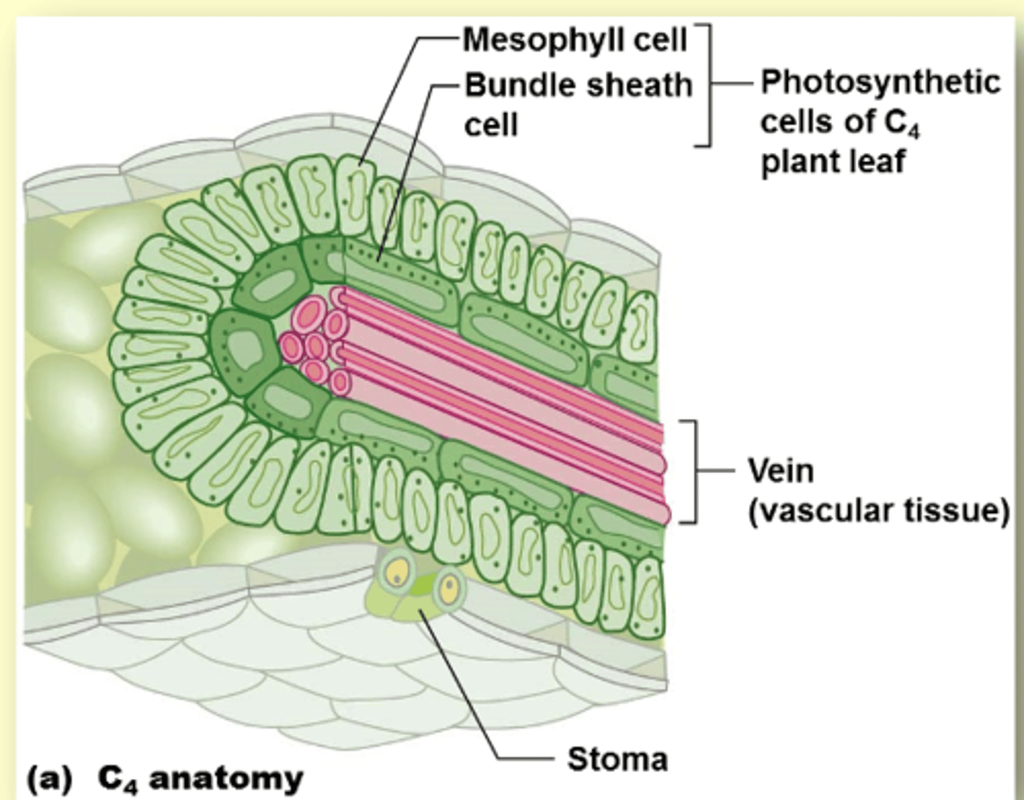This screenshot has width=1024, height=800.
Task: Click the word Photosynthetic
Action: coord(880,82)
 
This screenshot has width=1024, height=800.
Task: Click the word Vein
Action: coord(780,470)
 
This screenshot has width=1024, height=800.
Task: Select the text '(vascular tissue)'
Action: coord(878,511)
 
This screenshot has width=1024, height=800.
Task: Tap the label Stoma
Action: coord(617,760)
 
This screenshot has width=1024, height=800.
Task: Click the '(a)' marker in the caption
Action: coord(50,779)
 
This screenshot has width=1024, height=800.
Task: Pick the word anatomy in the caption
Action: coord(226,779)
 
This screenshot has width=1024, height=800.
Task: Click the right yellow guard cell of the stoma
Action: coord(449,586)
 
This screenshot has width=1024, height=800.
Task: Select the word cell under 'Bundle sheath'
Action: coord(491,125)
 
